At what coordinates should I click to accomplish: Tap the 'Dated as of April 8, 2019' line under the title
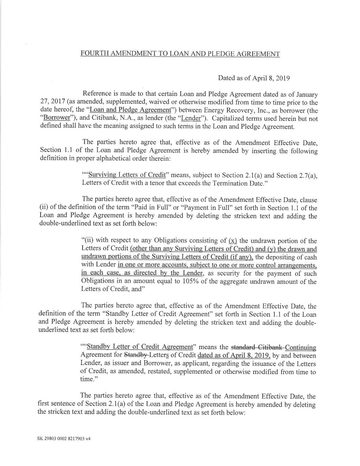click(254, 78)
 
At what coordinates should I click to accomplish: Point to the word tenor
click(158, 183)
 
